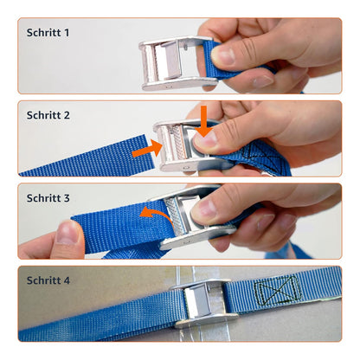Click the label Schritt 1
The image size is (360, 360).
pyautogui.click(x=48, y=33)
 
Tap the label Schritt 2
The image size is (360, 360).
pyautogui.click(x=48, y=115)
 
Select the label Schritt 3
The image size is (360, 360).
pyautogui.click(x=48, y=198)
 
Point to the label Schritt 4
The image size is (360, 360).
pyautogui.click(x=48, y=280)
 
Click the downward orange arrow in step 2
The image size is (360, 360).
pyautogui.click(x=204, y=121)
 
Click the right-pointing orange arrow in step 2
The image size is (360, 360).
pyautogui.click(x=147, y=149)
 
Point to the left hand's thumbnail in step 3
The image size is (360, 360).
pyautogui.click(x=67, y=232)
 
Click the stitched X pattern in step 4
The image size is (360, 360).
pyautogui.click(x=278, y=290)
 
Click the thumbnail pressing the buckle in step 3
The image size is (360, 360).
pyautogui.click(x=205, y=209)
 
